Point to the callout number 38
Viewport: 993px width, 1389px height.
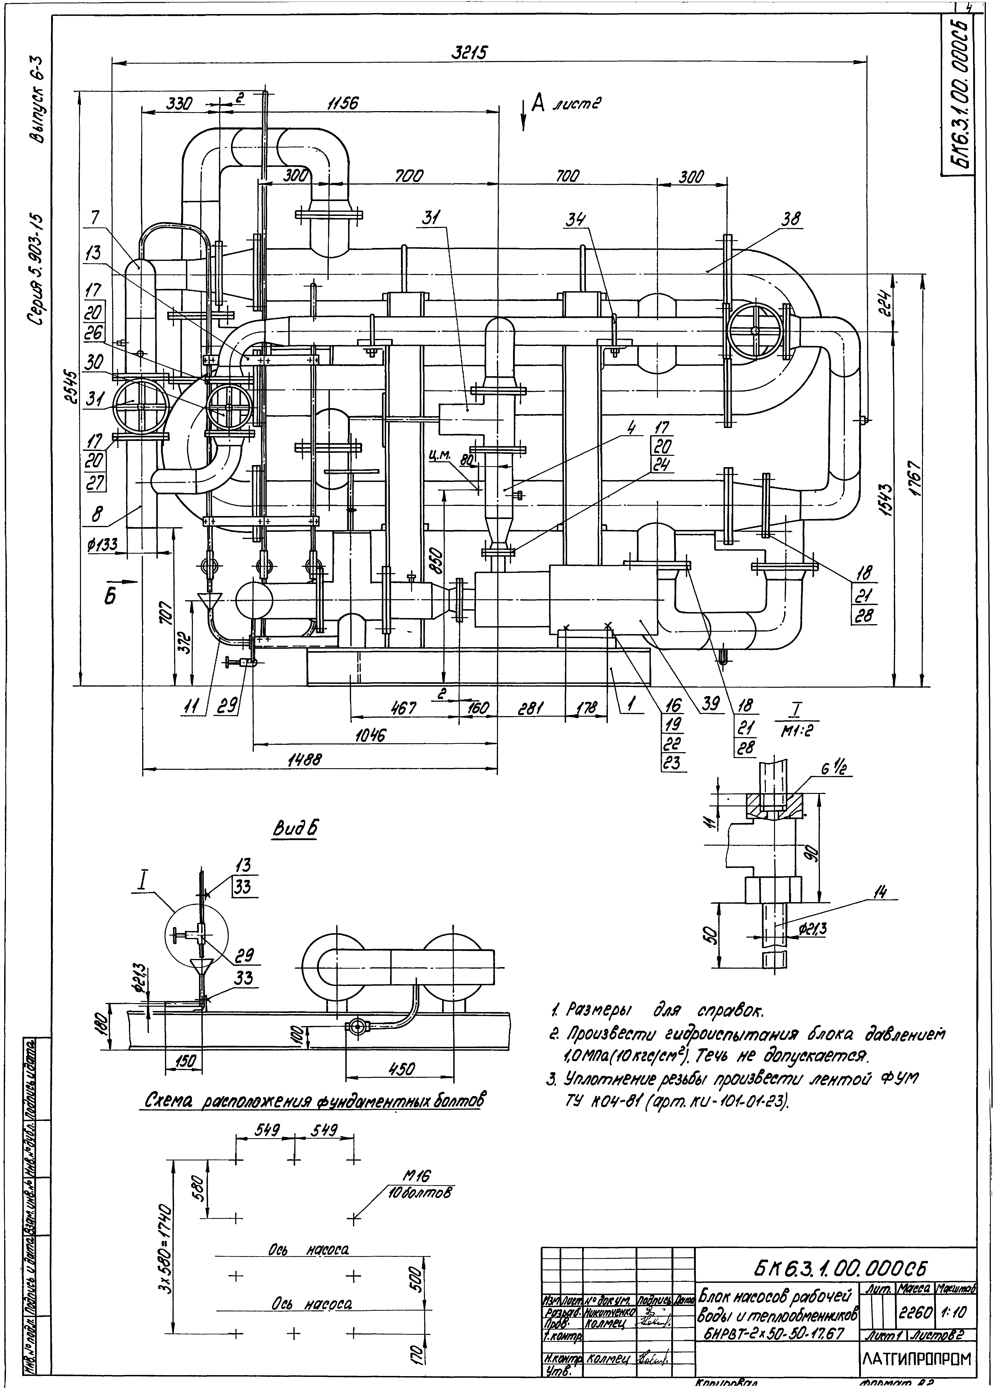(x=792, y=219)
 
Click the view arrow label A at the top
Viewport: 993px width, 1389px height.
(x=538, y=104)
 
